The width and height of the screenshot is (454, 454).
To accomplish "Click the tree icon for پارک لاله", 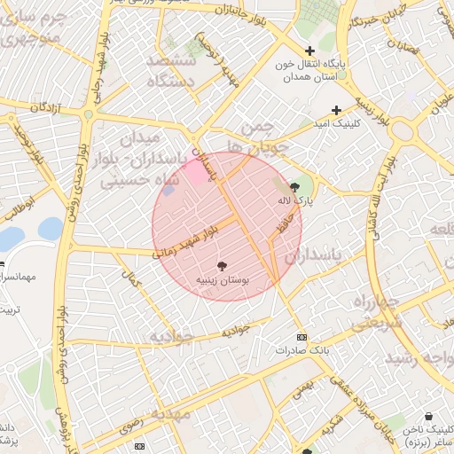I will point(294,186).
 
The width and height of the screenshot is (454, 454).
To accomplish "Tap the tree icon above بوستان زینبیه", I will point(222,265).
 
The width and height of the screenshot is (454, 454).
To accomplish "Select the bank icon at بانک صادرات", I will point(301,338).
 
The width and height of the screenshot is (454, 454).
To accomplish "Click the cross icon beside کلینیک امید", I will point(336,110).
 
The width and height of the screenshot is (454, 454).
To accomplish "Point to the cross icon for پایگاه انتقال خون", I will point(309,51).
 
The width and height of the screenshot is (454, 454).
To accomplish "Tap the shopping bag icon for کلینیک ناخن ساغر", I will point(429,416).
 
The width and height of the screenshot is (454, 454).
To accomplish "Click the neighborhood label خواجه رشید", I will point(417,357).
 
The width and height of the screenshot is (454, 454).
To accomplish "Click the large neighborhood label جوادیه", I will point(170,336).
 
